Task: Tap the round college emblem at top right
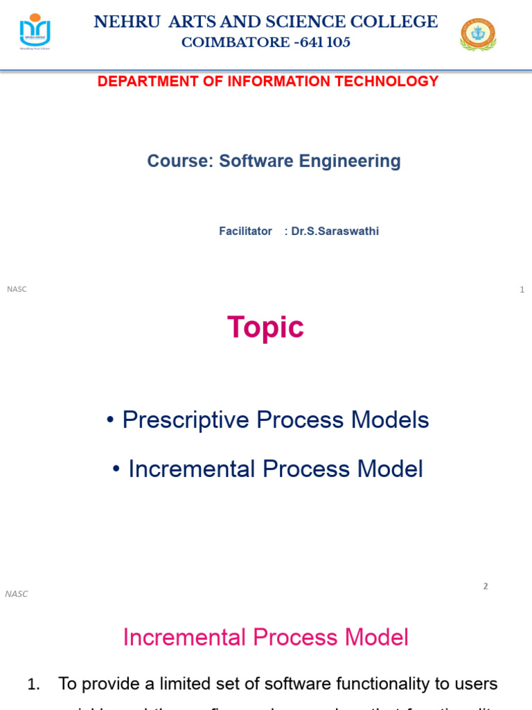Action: tap(478, 34)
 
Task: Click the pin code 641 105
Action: tap(325, 43)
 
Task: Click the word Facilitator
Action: tap(245, 232)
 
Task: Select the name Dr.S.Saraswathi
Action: tap(335, 232)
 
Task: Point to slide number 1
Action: tap(522, 290)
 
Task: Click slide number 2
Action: tap(486, 586)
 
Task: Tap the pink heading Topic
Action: tap(265, 327)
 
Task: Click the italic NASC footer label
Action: tap(17, 594)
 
